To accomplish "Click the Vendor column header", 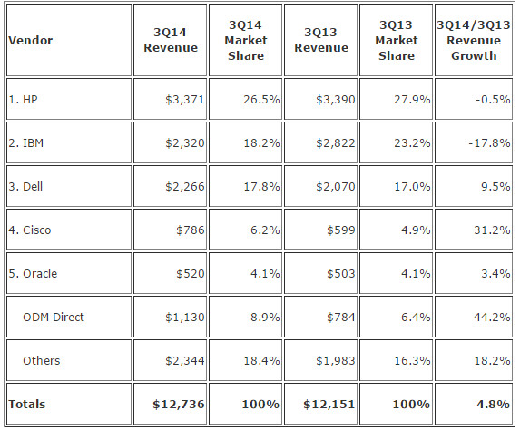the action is [31, 41].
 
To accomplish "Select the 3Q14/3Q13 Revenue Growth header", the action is [474, 41].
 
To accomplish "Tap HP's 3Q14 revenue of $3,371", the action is [185, 100].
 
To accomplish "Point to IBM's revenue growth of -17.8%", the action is [489, 143].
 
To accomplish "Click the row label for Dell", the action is [25, 186].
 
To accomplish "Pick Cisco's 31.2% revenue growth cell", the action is [492, 230].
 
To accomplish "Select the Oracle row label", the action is [33, 274].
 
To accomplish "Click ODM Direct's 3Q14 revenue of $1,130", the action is [185, 318].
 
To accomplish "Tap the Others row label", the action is [42, 361].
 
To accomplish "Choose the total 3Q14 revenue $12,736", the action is [179, 404].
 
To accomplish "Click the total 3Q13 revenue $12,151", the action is [329, 404].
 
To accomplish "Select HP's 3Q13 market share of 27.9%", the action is [412, 100].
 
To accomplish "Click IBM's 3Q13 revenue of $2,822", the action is [335, 143].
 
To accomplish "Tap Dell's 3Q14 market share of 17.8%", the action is [261, 186].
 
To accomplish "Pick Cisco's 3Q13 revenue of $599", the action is [341, 230].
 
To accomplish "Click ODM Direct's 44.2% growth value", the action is [492, 318].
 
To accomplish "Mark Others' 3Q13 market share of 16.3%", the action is [412, 361].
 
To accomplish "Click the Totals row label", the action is [27, 404].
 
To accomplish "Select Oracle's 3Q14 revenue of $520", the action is [191, 274].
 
